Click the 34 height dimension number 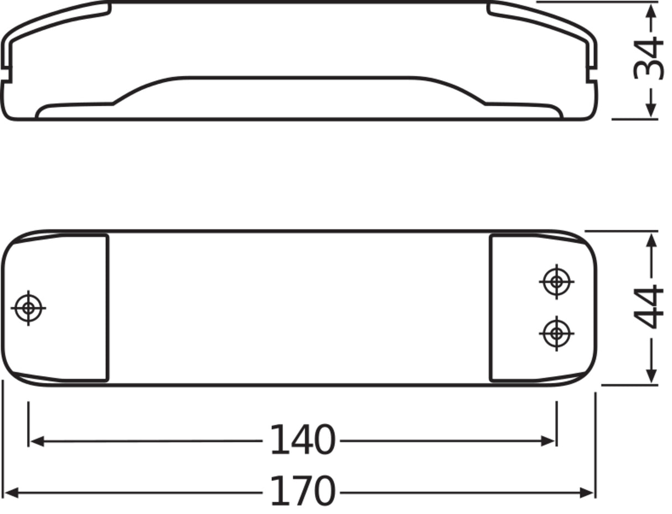(648, 58)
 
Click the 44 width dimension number (648, 307)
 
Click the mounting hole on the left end (28, 308)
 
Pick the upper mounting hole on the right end (556, 282)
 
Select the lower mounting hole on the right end (556, 334)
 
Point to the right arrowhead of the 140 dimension (547, 441)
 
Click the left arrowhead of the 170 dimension (12, 493)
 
